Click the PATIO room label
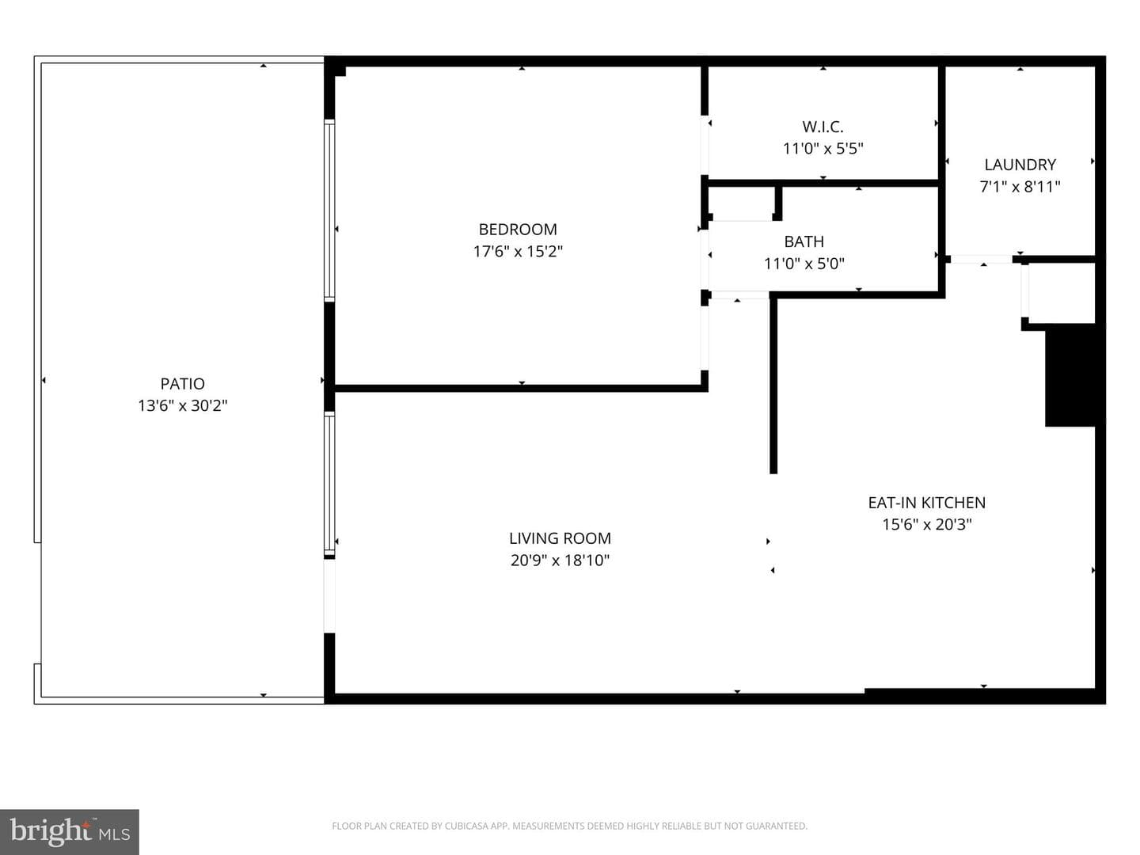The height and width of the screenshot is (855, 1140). [x=182, y=384]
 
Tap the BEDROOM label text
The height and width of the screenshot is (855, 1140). [x=518, y=229]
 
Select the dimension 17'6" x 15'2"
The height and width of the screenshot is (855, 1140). [x=518, y=251]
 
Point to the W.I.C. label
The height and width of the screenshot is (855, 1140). [x=823, y=127]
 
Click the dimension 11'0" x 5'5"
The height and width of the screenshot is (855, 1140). [x=823, y=149]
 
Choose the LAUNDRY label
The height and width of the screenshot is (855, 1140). [x=1020, y=165]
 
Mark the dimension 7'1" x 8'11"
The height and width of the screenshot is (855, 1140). [x=1020, y=186]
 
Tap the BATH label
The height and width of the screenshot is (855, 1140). [x=804, y=241]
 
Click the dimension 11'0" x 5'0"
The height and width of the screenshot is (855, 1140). [x=804, y=264]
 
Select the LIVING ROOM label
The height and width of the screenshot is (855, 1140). [x=560, y=538]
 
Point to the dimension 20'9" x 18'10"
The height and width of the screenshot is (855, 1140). [x=560, y=560]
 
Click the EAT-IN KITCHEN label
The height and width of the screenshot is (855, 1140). [x=926, y=503]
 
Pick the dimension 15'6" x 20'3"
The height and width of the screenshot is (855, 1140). [x=926, y=524]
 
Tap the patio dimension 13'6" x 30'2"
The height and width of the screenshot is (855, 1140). [x=182, y=405]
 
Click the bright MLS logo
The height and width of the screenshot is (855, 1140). [x=70, y=831]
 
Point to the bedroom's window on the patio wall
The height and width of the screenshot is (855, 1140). [x=329, y=211]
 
